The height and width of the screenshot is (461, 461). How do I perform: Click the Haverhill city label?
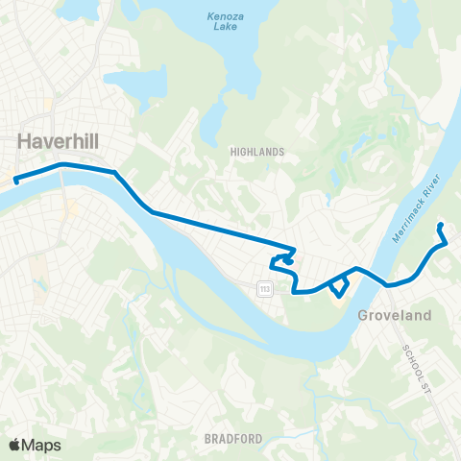pyautogui.click(x=59, y=141)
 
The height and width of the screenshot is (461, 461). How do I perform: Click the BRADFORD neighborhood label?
pyautogui.click(x=233, y=438)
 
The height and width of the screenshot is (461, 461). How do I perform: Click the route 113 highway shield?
pyautogui.click(x=264, y=288)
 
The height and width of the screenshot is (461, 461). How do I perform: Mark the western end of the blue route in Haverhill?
pyautogui.click(x=16, y=180)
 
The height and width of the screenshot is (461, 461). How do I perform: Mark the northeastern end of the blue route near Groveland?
pyautogui.click(x=440, y=226)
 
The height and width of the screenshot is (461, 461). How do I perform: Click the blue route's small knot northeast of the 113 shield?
pyautogui.click(x=285, y=257)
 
